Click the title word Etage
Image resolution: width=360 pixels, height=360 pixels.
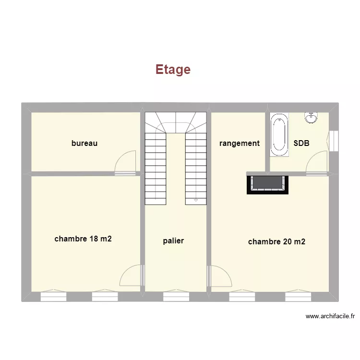click(x=173, y=70)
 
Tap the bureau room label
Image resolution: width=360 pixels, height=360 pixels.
click(x=84, y=143)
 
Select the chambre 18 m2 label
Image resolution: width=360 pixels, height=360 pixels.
click(x=83, y=239)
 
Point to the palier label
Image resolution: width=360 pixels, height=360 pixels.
click(x=173, y=241)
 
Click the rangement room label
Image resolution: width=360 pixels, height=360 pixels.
click(x=240, y=143)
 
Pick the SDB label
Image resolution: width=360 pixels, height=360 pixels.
click(x=301, y=143)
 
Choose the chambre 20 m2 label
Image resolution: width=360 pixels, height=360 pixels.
click(x=276, y=242)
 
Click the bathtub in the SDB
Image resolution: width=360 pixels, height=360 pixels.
click(x=279, y=135)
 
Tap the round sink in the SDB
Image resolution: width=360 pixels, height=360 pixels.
click(x=311, y=117)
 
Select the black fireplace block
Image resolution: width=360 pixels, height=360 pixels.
click(x=269, y=184)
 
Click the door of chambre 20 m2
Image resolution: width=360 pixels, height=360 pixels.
click(x=219, y=276)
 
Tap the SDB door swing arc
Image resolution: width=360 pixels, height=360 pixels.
click(x=316, y=161)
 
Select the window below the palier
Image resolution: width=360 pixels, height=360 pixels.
click(x=176, y=297)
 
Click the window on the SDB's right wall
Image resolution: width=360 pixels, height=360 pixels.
click(x=335, y=140)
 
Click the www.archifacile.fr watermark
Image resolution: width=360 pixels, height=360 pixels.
click(x=330, y=316)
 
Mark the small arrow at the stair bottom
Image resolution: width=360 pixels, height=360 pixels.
click(x=195, y=200)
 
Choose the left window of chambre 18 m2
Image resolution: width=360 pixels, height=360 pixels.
click(x=53, y=297)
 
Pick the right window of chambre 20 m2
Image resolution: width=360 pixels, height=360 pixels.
click(x=298, y=297)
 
